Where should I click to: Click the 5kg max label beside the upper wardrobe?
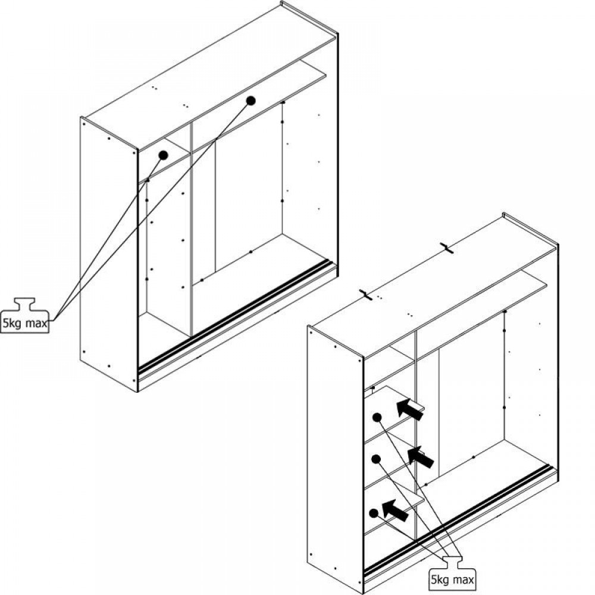(x=25, y=323)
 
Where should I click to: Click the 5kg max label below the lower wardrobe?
(x=452, y=580)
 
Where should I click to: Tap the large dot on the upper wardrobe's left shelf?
(x=163, y=155)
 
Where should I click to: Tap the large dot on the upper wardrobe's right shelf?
(x=250, y=101)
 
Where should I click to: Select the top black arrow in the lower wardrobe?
(x=409, y=409)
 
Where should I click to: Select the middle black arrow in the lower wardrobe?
(x=420, y=457)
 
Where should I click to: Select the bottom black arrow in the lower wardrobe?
(x=395, y=510)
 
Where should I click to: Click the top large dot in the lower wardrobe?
(x=377, y=418)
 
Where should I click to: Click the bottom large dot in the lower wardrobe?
(x=374, y=513)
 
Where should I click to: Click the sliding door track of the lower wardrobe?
(x=455, y=521)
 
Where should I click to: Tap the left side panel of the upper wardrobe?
(x=109, y=254)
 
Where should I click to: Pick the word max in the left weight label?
(x=37, y=324)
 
